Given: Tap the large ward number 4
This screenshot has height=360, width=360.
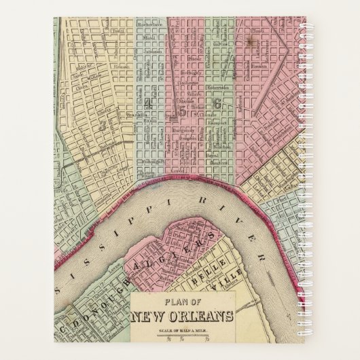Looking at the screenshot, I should [148, 103].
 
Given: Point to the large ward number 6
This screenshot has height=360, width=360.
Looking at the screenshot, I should [217, 104].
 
